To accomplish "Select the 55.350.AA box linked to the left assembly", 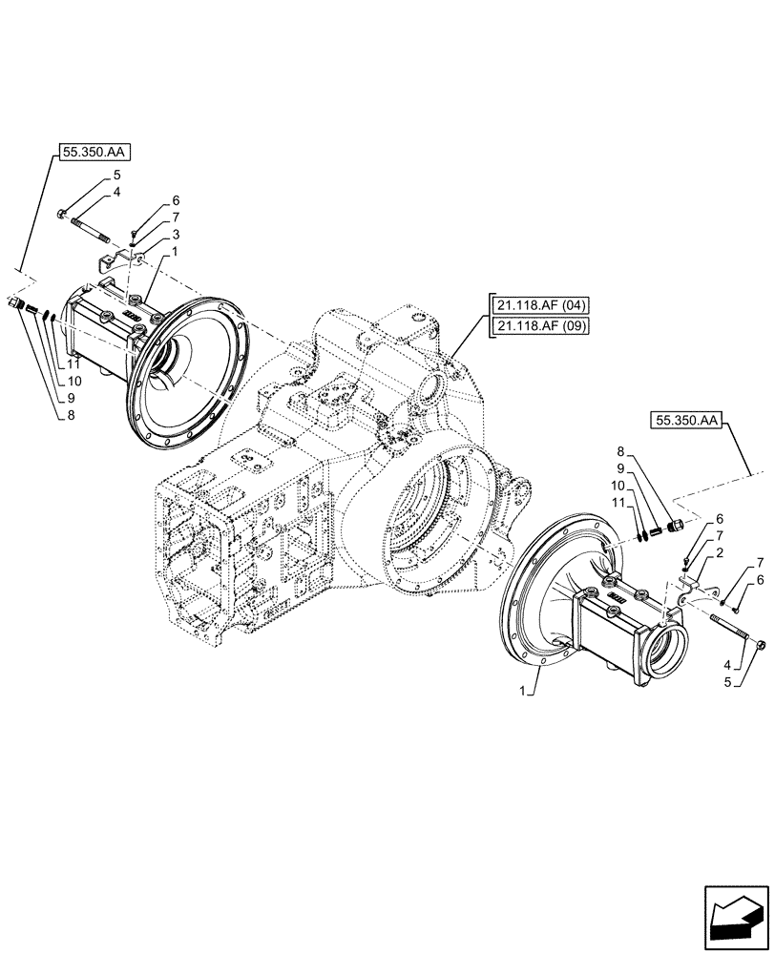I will click(97, 153).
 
